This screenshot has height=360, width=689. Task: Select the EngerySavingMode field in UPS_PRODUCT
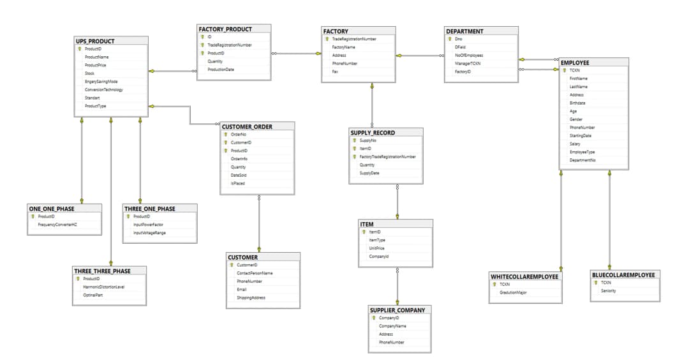(x=101, y=82)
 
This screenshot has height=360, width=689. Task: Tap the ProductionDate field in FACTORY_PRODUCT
(x=221, y=70)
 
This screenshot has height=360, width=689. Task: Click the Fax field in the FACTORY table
(x=335, y=72)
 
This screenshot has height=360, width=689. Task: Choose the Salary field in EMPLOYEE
(x=575, y=144)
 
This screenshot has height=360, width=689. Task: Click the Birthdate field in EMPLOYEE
(x=577, y=103)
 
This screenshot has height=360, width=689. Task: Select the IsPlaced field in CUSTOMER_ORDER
(x=238, y=183)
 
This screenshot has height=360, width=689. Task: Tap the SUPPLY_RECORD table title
(x=373, y=133)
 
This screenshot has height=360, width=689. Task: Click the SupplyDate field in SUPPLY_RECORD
(x=369, y=173)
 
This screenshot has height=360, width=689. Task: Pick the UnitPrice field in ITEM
(x=376, y=248)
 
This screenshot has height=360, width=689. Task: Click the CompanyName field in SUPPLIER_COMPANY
(x=392, y=326)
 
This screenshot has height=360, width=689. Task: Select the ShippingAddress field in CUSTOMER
(x=251, y=297)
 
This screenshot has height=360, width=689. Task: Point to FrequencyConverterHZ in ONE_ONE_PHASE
(x=57, y=225)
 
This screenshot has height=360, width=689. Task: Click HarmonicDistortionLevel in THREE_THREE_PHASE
(x=104, y=287)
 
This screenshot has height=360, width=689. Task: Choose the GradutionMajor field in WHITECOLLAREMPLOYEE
(x=513, y=292)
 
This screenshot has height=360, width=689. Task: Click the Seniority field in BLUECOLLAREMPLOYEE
(x=609, y=290)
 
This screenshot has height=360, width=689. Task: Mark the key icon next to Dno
(x=450, y=39)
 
